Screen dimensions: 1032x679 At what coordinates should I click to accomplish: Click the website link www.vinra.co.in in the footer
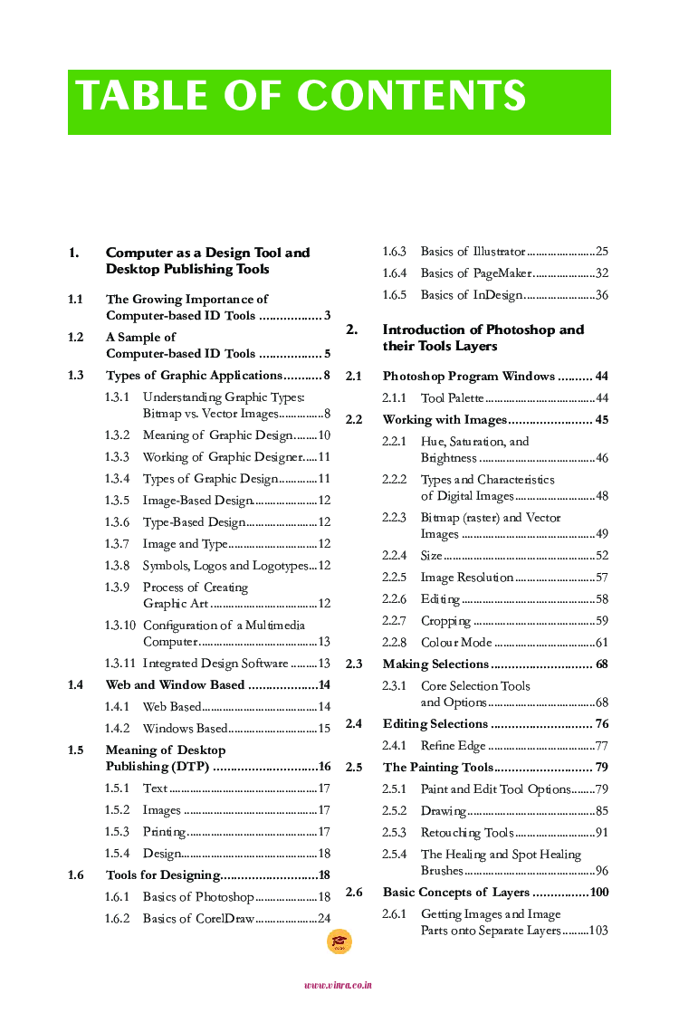338,985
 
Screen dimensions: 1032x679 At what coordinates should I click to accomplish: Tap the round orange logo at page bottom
339,942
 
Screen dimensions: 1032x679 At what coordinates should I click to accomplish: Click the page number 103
598,931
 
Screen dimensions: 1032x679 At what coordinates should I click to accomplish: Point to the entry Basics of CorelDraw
197,919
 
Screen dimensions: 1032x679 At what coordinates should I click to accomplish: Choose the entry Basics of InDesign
472,295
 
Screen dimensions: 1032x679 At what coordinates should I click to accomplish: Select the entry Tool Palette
452,398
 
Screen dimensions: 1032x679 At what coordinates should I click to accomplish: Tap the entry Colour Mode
455,643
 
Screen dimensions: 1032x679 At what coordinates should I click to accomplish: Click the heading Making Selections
435,664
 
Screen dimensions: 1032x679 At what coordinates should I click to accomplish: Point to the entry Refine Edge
453,746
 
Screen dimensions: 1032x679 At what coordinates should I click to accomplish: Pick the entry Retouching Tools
466,833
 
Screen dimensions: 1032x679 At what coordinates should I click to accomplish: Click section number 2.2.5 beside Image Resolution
394,578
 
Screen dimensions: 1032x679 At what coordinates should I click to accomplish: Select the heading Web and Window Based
175,685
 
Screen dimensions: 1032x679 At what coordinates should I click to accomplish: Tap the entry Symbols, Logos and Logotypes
225,566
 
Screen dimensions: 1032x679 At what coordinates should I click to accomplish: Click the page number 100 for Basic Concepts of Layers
598,893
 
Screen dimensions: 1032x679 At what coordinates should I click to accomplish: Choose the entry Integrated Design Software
215,664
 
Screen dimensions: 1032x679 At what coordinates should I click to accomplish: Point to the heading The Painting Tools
437,768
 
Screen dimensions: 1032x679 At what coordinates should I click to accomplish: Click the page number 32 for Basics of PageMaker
601,273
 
